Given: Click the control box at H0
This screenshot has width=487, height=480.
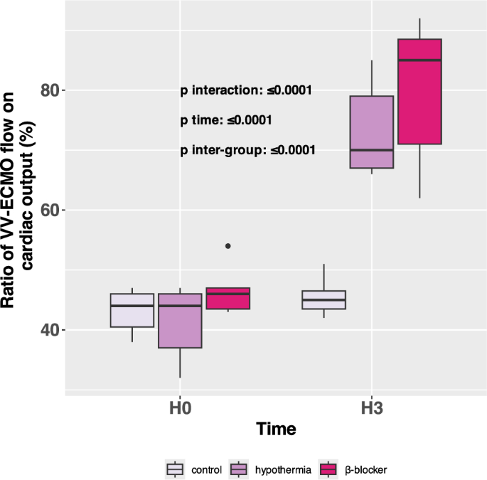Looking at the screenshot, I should [x=132, y=310].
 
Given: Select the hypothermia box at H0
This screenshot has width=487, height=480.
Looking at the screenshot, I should [x=180, y=321].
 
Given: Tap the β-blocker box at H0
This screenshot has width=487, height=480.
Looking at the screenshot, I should [x=228, y=299].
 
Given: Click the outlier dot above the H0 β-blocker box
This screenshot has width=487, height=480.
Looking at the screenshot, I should [x=228, y=246].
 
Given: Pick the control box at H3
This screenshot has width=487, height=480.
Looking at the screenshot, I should [x=323, y=299].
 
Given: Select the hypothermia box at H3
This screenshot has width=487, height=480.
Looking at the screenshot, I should [x=372, y=132].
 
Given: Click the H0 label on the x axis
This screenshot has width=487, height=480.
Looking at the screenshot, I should [x=180, y=410].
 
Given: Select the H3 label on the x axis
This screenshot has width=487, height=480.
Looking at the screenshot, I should [x=372, y=410].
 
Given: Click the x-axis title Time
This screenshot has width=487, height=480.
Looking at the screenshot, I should [x=276, y=430].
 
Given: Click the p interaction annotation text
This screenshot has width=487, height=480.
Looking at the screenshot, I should [x=246, y=90].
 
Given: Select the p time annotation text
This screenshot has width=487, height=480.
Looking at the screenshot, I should [x=226, y=120].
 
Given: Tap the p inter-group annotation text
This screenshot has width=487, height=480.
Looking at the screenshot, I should [x=248, y=150].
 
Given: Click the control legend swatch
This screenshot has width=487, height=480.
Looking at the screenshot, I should [x=175, y=469].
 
